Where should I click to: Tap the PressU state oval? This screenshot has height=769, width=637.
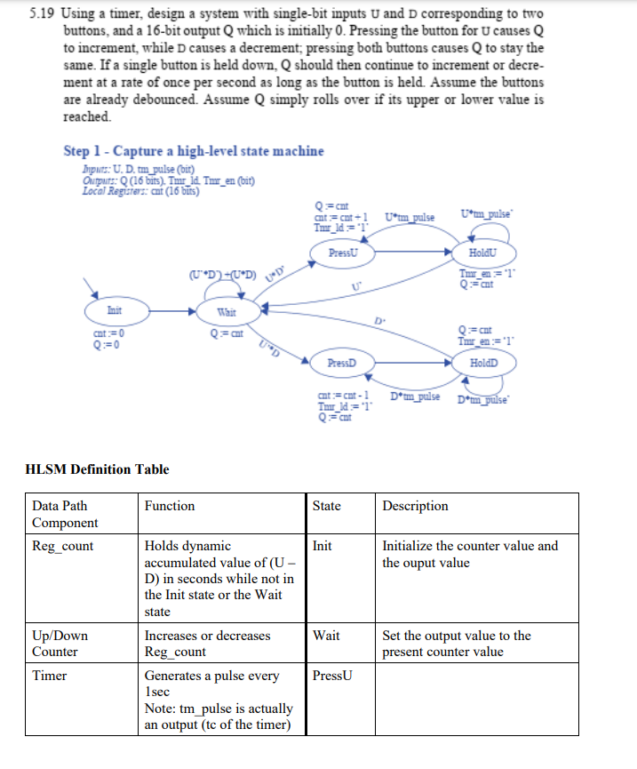pyautogui.click(x=342, y=252)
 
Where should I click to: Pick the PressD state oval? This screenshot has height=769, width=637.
pyautogui.click(x=341, y=364)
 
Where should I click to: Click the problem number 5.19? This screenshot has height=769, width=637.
pyautogui.click(x=42, y=16)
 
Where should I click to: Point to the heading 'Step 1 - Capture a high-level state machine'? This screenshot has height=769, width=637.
pyautogui.click(x=194, y=150)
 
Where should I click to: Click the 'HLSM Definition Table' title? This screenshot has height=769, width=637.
pyautogui.click(x=97, y=469)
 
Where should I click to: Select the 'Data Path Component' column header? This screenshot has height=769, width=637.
pyautogui.click(x=66, y=514)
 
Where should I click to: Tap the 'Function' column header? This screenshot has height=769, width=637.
pyautogui.click(x=170, y=506)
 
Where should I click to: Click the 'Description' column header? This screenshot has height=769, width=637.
pyautogui.click(x=415, y=506)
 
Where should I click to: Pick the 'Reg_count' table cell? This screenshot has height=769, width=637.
pyautogui.click(x=62, y=546)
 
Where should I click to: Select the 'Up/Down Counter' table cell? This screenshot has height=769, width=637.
pyautogui.click(x=55, y=644)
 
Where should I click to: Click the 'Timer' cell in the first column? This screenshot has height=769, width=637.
pyautogui.click(x=50, y=676)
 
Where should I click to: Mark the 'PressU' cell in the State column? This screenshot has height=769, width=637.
pyautogui.click(x=333, y=676)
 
